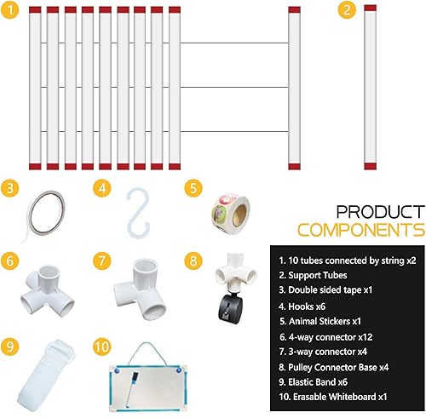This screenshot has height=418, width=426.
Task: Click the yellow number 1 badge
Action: pos(10,11)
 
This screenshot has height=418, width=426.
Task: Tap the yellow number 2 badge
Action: pos(345,11)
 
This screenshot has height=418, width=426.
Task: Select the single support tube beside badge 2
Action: pos(371,85)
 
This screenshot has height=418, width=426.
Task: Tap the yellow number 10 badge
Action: pos(101,348)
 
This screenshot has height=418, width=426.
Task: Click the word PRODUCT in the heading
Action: pos(378,211)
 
